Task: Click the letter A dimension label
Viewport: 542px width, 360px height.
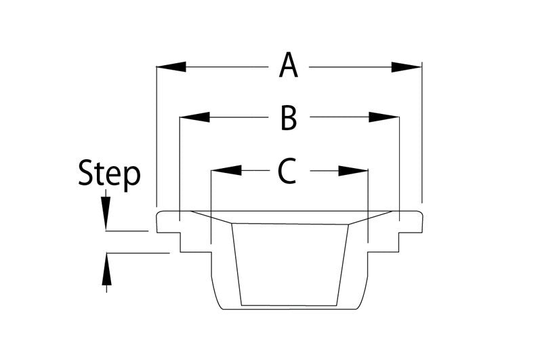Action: click(289, 65)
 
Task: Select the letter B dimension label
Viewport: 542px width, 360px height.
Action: click(289, 119)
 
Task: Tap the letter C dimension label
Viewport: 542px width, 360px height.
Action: click(287, 170)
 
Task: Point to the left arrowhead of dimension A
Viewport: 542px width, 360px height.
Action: click(171, 66)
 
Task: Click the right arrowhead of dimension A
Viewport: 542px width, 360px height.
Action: click(406, 67)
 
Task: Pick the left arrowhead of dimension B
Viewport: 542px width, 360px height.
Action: click(194, 117)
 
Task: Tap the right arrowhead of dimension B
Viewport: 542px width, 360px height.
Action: click(383, 117)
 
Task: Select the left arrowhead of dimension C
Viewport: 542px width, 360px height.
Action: click(226, 170)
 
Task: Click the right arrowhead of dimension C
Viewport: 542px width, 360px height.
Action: click(353, 171)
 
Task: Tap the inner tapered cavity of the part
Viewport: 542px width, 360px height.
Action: click(290, 264)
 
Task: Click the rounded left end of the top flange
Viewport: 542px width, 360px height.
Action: click(158, 221)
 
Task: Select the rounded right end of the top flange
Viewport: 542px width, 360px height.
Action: click(421, 221)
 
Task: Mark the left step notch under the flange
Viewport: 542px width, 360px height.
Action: click(180, 242)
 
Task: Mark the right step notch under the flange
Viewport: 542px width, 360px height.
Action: click(398, 242)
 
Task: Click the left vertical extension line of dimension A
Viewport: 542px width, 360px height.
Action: click(157, 135)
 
